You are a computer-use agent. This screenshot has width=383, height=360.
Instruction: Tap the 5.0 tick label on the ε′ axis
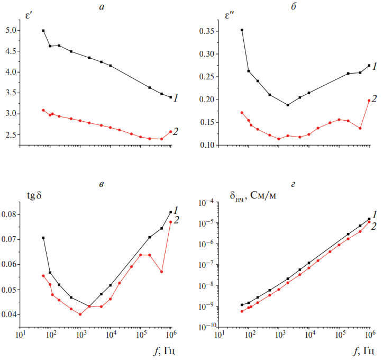point(11,31)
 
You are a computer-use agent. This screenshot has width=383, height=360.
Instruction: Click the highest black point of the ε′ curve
point(43,31)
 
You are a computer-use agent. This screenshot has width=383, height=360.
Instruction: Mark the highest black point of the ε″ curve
point(242,30)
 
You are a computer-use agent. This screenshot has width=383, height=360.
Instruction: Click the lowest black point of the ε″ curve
point(288,105)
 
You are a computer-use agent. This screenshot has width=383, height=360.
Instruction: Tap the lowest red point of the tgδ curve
point(80,314)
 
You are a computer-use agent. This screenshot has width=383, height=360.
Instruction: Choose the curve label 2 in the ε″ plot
point(374,98)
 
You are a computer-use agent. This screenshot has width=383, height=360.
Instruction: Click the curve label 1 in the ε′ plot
point(175,98)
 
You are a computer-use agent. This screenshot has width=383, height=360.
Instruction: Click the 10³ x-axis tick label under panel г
point(280,335)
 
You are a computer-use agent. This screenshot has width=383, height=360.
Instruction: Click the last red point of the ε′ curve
point(170,132)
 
